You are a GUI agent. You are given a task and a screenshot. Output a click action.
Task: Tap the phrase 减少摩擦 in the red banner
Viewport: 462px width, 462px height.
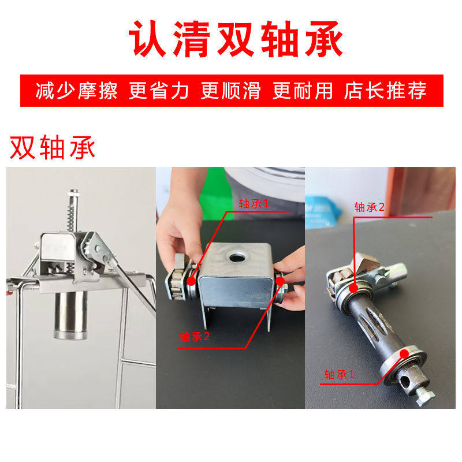77,91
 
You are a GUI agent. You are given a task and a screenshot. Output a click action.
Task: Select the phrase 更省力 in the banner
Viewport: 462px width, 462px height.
155,91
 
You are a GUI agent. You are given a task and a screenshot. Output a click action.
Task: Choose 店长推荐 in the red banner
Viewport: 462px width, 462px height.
385,91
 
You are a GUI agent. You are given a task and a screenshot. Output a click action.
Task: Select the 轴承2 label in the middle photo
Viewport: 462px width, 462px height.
194,337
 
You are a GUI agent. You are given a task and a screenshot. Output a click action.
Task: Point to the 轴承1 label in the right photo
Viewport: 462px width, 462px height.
340,374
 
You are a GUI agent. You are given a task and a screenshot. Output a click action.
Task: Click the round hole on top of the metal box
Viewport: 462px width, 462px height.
236,256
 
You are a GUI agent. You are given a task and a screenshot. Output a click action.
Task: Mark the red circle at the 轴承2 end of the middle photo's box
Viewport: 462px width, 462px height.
281,281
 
